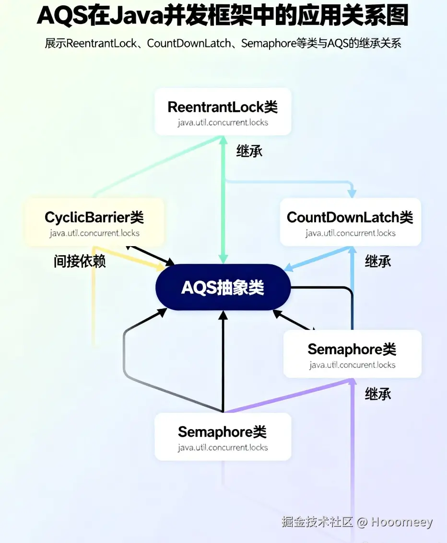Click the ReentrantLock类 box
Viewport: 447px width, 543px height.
point(223,111)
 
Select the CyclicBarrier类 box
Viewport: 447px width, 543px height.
point(94,223)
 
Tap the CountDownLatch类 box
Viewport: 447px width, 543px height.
point(350,222)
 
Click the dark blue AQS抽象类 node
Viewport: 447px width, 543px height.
point(223,287)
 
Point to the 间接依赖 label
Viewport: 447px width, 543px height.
point(80,261)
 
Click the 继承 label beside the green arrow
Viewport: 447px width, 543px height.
point(249,151)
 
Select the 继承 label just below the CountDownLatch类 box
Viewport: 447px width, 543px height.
point(378,261)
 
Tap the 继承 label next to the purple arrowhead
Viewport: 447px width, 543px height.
point(378,394)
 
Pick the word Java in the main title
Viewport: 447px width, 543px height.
point(133,16)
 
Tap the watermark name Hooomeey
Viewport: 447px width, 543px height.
point(401,522)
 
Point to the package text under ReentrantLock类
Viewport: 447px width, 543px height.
point(223,123)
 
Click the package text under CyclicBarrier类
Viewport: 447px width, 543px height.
point(94,234)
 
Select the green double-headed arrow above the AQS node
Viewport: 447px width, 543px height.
point(222,201)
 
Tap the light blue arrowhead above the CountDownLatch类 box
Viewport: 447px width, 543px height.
point(352,192)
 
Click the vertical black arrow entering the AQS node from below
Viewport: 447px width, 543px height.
point(223,359)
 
